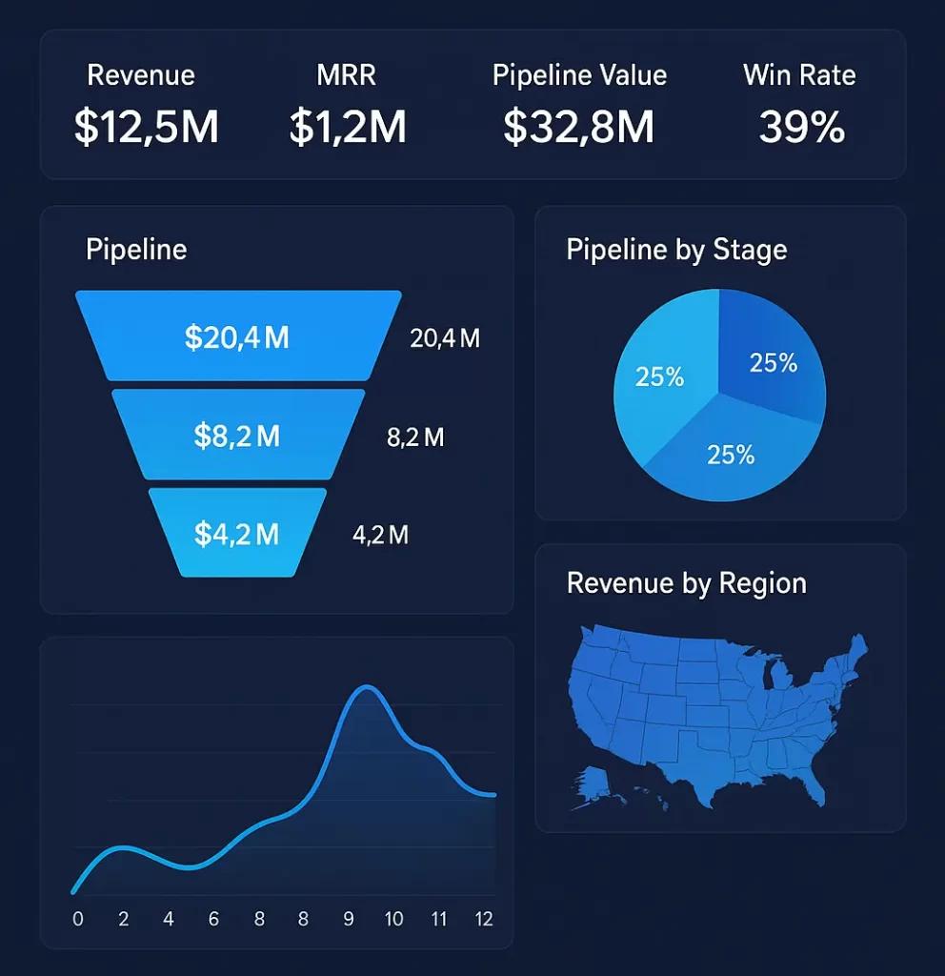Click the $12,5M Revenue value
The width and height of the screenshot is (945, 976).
coord(146,127)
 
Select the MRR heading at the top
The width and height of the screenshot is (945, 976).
coord(348,75)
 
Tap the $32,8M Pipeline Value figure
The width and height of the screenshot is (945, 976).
coord(579,127)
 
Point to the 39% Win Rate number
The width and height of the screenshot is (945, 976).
coord(801,127)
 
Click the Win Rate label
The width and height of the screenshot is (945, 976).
coord(799,75)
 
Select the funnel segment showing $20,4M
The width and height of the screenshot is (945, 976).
coord(237,336)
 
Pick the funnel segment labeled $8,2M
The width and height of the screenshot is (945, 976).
coord(237,436)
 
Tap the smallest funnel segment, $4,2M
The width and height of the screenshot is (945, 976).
coord(237,534)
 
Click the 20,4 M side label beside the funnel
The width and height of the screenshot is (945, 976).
coord(444,337)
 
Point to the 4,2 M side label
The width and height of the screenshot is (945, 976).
coord(380,535)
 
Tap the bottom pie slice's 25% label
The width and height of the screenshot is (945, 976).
coord(731,455)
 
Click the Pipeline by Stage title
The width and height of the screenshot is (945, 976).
coord(676,250)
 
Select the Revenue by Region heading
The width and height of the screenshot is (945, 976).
coord(686,583)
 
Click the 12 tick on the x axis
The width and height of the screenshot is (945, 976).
coord(484,919)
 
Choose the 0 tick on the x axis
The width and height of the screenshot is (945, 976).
coord(78,919)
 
